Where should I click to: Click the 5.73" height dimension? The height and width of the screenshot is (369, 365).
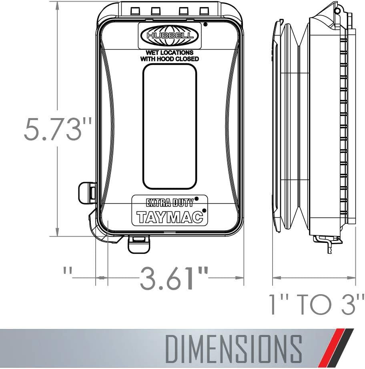[x=57, y=129]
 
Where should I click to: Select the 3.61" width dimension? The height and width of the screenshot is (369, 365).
[x=174, y=278]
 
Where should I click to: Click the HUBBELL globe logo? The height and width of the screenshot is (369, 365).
[x=170, y=36]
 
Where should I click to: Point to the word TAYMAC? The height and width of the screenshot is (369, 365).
[x=169, y=217]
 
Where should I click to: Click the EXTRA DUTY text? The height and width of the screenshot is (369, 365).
[x=170, y=203]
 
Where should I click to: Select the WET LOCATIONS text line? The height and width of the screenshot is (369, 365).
[x=169, y=52]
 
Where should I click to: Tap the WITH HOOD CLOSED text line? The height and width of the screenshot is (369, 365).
[x=169, y=59]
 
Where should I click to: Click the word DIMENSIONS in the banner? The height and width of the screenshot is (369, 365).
[x=233, y=349]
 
